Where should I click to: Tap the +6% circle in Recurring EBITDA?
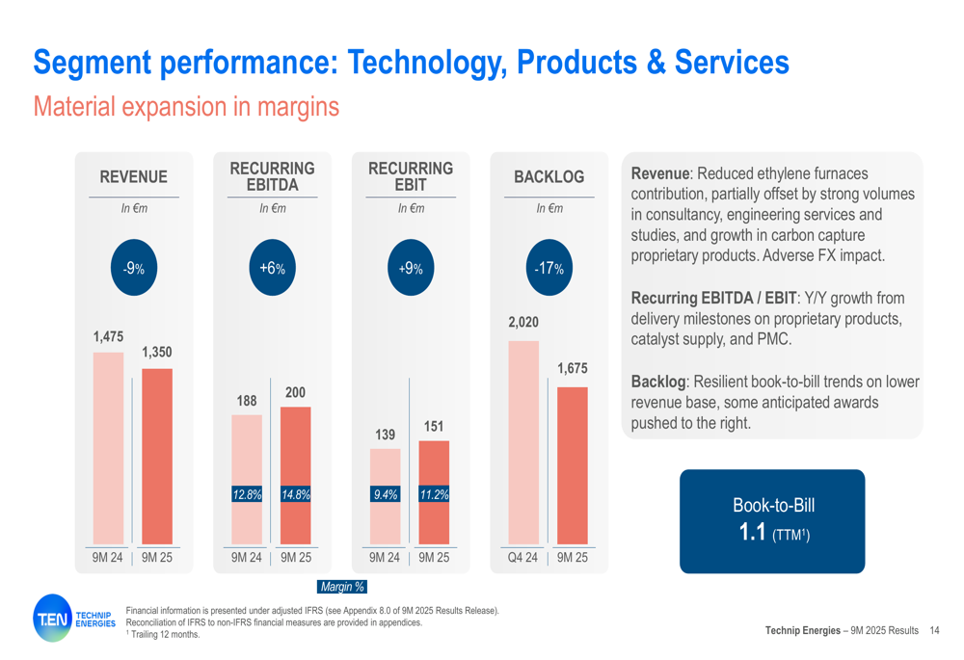272,268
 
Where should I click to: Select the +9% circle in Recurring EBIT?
411,268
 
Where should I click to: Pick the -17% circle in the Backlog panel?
549,268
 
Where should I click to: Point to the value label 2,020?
523,323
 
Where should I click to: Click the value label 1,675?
572,369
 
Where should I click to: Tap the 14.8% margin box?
295,494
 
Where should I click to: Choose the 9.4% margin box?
386,494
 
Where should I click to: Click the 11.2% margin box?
434,494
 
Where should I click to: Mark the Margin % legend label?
341,586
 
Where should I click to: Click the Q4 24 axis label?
523,557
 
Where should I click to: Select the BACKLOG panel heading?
549,177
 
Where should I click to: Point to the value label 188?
247,399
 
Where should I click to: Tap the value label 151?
434,425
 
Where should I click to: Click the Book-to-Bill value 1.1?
752,531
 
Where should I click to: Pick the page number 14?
934,630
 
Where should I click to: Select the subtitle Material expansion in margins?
186,106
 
